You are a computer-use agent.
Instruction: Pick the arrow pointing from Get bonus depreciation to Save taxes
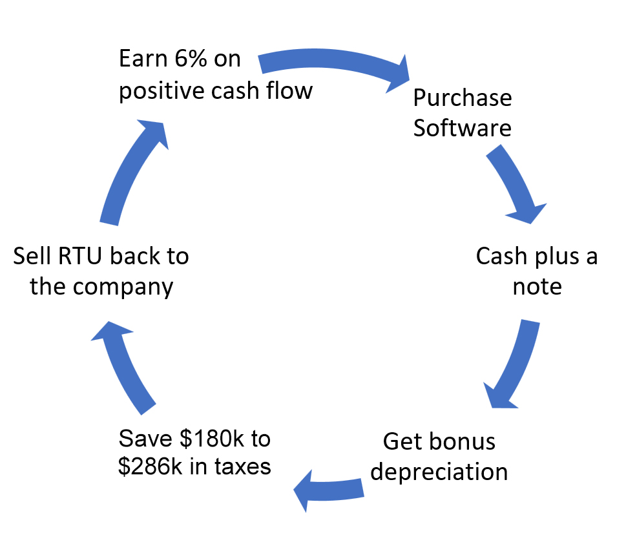[x=329, y=490]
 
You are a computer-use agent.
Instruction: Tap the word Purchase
[x=463, y=98]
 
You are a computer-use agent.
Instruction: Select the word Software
[x=463, y=127]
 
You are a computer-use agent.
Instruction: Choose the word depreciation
[x=439, y=472]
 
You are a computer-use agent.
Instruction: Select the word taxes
[x=240, y=466]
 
